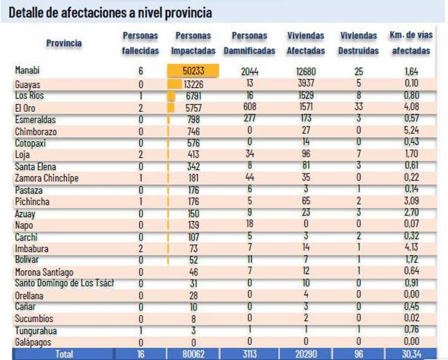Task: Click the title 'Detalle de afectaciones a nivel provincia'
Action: (x=110, y=11)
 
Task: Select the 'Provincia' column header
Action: (x=64, y=43)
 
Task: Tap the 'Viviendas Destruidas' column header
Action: (x=358, y=43)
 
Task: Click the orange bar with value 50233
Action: (x=193, y=71)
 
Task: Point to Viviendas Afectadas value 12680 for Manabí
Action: (x=305, y=71)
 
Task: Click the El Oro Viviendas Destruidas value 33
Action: (x=358, y=107)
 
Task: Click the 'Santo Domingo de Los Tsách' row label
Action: (x=64, y=283)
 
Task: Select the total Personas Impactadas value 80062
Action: (x=193, y=354)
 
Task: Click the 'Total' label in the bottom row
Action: (x=64, y=354)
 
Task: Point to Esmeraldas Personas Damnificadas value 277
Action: (x=249, y=119)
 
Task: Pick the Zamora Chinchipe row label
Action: (x=47, y=178)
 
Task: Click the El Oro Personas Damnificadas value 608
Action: (x=249, y=107)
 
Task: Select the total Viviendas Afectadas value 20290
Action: (x=305, y=354)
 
